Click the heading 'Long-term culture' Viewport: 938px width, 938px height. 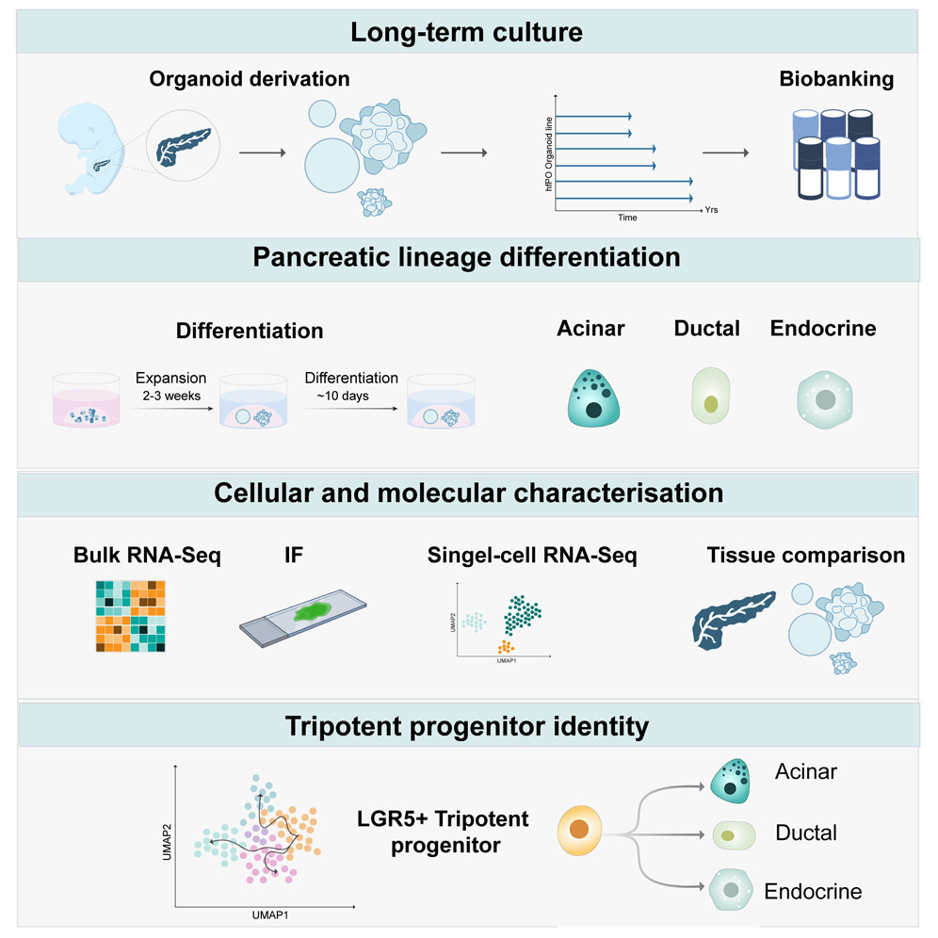pos(467,34)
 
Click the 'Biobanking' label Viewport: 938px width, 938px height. pos(836,79)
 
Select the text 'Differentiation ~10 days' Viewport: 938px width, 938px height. pos(350,386)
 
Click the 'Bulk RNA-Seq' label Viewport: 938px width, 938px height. pos(147,556)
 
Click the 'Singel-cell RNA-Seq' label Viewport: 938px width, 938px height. pos(531,556)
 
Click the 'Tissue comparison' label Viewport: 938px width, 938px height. pos(805,556)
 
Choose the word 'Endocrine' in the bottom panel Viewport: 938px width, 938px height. pos(813,891)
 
